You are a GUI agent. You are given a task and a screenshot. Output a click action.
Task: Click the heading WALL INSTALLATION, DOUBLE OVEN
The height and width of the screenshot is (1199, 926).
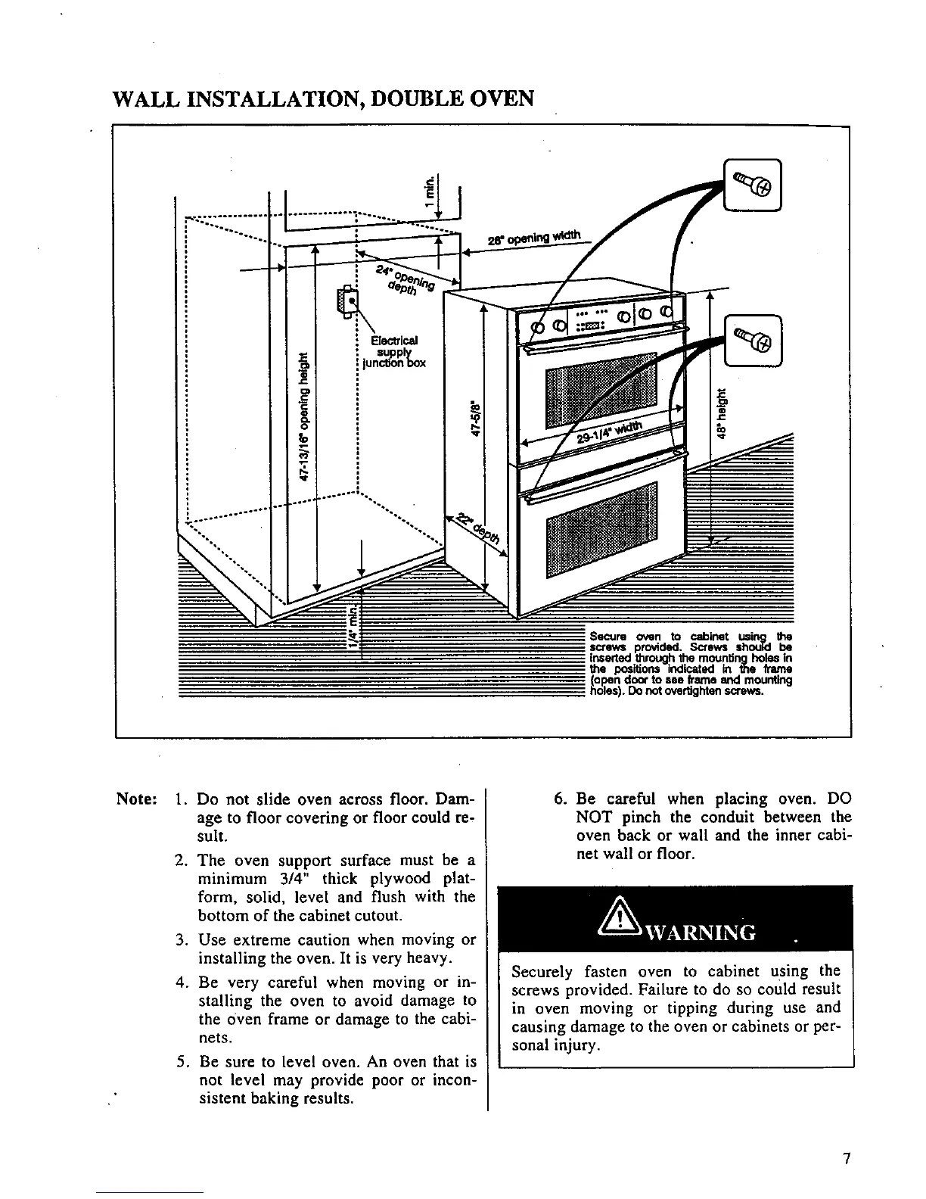click(x=323, y=99)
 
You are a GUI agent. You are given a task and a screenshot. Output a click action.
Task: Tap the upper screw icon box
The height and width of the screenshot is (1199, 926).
click(x=754, y=182)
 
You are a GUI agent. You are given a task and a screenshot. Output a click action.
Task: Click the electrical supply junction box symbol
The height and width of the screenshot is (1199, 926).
click(x=349, y=301)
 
